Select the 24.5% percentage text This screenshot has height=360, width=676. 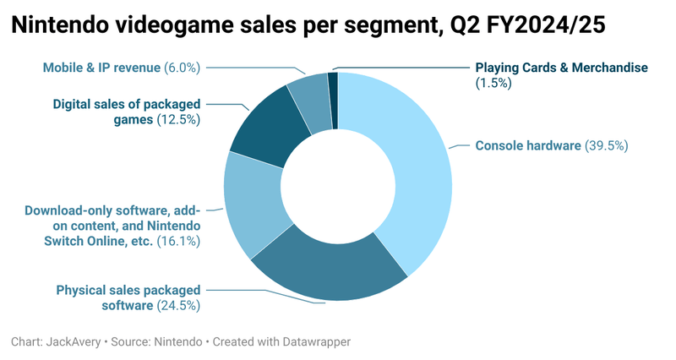178,305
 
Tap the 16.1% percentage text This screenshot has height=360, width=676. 177,241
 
